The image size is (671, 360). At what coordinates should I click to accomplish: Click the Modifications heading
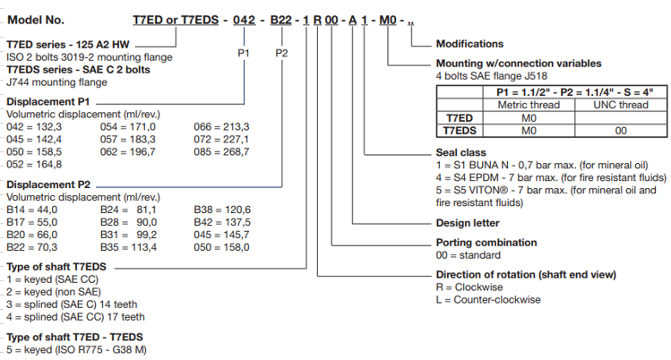[x=469, y=44]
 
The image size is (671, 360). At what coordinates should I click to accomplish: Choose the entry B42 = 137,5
[x=221, y=221]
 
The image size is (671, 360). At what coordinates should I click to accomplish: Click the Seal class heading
[x=460, y=151]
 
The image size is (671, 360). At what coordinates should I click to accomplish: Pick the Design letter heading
[x=467, y=223]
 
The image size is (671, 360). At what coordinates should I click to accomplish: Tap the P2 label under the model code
[x=281, y=54]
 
